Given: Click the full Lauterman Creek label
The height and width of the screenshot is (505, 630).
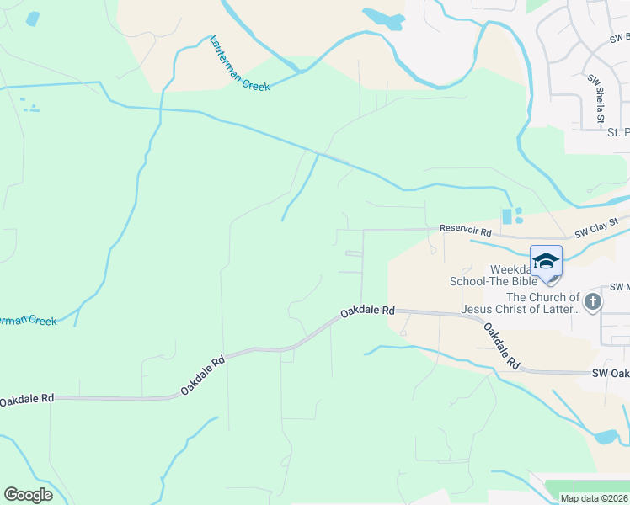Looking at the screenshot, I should tap(239, 63).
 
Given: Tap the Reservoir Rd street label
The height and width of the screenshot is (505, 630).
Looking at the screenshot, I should tap(465, 229).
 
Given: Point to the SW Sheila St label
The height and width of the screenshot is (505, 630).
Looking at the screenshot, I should tap(597, 98).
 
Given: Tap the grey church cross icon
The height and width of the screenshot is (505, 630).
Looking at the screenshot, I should tap(593, 301).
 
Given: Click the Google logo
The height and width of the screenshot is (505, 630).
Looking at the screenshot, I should tap(28, 495).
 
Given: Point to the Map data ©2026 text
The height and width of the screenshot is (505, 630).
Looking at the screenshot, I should tap(594, 498).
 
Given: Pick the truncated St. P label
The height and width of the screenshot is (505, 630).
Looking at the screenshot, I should tap(617, 132).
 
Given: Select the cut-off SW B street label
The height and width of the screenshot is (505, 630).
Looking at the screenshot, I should tap(619, 38).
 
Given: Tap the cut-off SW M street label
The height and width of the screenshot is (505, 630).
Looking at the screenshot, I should tap(618, 287).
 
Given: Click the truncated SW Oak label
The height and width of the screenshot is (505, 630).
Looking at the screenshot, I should tap(611, 373).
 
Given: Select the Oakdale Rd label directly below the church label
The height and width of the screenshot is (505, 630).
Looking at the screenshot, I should tap(501, 346).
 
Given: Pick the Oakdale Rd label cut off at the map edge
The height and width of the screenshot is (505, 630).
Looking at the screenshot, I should tap(27, 400).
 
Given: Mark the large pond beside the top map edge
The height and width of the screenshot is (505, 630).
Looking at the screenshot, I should tap(383, 19).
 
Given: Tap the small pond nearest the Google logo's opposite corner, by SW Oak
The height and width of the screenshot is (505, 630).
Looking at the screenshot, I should tap(606, 437).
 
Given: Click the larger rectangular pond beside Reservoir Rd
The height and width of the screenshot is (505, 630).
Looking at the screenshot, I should tap(506, 217).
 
